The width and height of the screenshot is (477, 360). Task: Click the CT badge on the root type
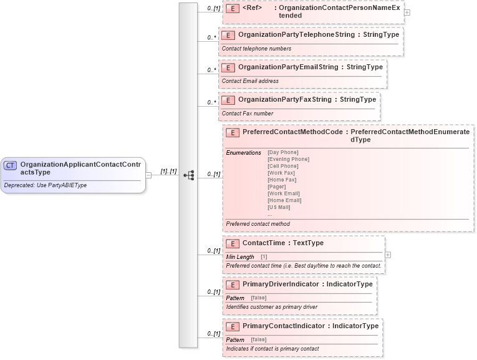point(10,165)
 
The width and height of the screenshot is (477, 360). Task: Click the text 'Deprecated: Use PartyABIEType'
point(44,185)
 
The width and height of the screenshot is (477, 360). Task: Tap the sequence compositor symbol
point(189,175)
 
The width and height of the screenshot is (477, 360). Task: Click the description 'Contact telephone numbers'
point(256,49)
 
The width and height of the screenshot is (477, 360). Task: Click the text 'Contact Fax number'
point(248,114)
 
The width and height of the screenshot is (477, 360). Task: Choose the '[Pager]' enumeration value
point(277,187)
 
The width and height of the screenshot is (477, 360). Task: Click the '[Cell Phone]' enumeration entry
point(282,166)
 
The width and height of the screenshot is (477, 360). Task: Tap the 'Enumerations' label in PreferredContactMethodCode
point(243,153)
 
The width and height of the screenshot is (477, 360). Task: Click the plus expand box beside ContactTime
point(388,255)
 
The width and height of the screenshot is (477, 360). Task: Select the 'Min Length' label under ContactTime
point(240,257)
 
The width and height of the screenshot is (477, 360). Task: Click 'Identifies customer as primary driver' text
point(272,306)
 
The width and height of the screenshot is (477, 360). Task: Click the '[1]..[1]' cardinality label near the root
point(169,172)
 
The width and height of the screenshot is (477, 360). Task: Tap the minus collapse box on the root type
point(148,175)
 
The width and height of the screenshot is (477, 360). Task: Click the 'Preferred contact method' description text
point(258,224)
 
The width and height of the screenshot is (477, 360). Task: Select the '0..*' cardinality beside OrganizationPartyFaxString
point(212,102)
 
